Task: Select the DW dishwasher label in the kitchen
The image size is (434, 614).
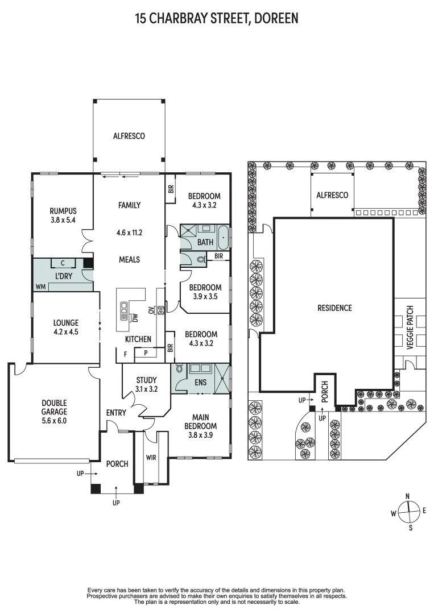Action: tap(134, 317)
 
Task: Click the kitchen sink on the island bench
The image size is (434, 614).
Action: tap(124, 310)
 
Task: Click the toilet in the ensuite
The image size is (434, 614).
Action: tap(180, 370)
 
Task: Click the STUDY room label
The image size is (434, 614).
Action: tap(146, 380)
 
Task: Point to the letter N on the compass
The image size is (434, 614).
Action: tap(407, 496)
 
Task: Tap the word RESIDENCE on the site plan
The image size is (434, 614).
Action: tap(334, 308)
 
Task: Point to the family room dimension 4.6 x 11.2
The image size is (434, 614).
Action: tap(129, 232)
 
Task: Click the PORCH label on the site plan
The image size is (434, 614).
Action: tap(325, 392)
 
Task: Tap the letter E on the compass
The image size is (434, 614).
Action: tap(424, 511)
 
